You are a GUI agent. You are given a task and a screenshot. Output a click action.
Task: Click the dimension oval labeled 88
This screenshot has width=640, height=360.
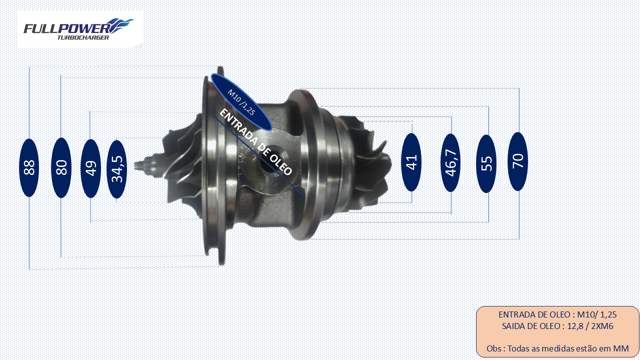(29, 167)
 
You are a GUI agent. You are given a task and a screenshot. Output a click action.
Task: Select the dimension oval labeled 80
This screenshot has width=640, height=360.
(61, 167)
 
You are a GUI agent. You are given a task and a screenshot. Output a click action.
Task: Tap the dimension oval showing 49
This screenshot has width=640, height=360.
(91, 168)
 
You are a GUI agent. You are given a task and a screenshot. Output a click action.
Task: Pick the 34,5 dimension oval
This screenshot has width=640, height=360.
(116, 169)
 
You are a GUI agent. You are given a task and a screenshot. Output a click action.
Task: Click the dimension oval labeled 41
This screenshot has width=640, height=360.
(411, 162)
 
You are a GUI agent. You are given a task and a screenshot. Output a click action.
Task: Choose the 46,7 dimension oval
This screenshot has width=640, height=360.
(451, 163)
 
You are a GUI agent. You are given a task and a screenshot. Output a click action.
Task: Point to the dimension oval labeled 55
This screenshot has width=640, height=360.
(486, 163)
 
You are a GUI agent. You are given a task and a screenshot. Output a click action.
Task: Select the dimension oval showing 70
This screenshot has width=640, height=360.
(517, 161)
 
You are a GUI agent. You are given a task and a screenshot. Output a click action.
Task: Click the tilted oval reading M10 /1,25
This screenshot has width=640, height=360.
(241, 102)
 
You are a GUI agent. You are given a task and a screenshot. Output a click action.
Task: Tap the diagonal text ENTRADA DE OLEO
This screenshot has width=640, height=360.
(255, 142)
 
